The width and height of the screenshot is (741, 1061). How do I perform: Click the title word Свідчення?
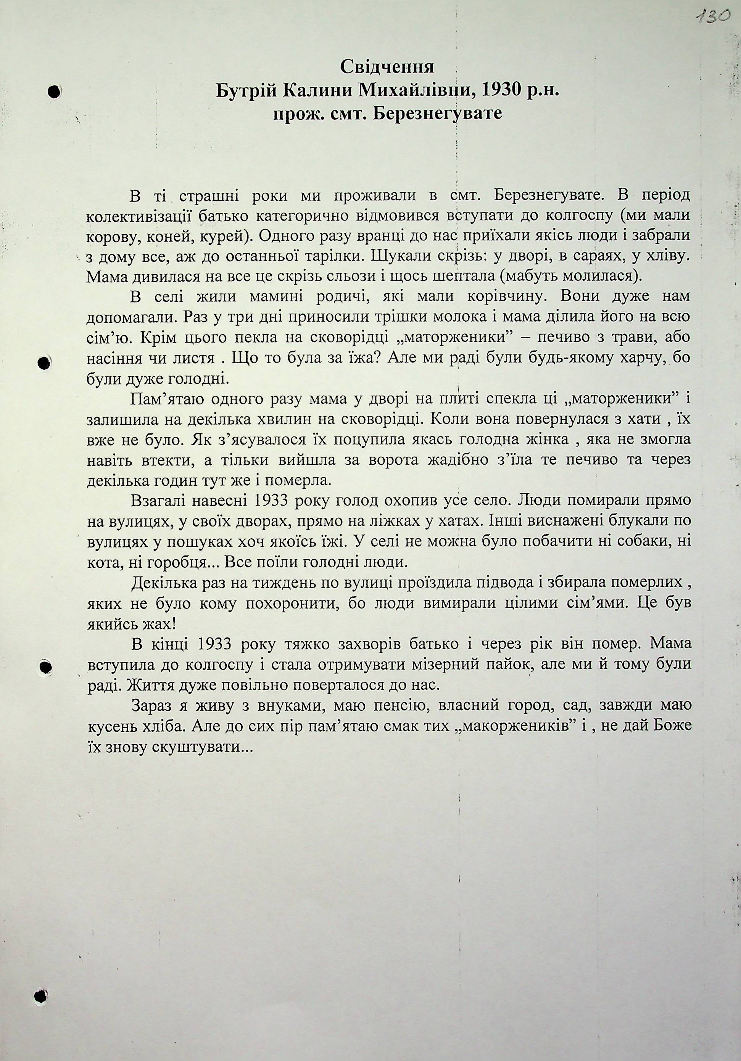point(387,68)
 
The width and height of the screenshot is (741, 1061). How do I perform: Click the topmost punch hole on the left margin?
point(55,92)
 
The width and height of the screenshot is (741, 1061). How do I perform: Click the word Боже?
point(673,726)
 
